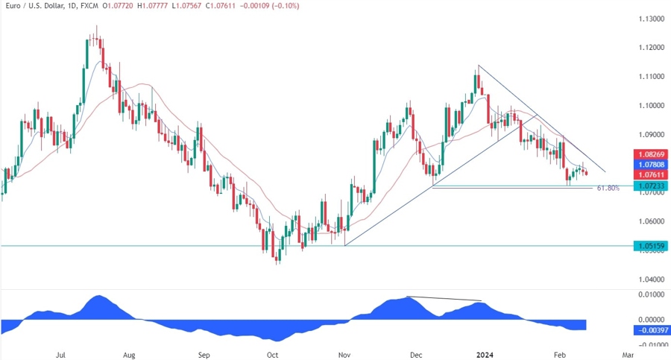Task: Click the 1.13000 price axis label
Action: (x=650, y=18)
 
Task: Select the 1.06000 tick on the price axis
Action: (x=650, y=221)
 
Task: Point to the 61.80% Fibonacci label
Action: (x=608, y=189)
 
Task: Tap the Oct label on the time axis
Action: (x=273, y=355)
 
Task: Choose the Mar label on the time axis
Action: (x=628, y=355)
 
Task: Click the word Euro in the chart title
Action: (x=13, y=6)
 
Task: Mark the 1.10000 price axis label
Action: (x=650, y=105)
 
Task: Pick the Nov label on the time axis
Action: (x=344, y=355)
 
